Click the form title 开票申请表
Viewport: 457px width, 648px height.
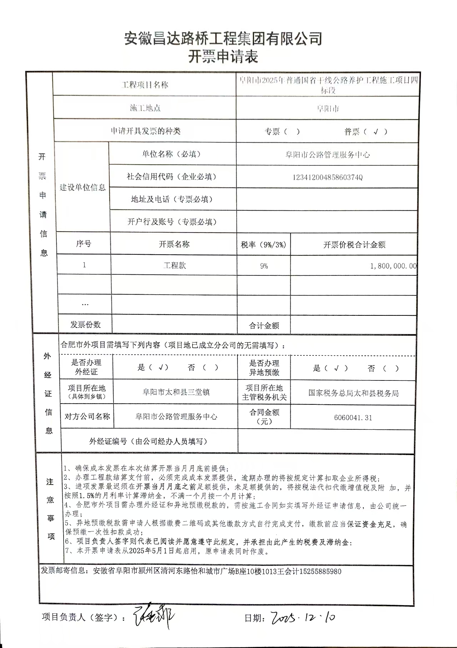[x=223, y=56]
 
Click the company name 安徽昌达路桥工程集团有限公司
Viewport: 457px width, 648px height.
[x=223, y=38]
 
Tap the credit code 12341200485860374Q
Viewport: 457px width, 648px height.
[x=327, y=177]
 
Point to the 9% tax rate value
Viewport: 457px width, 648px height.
[x=264, y=266]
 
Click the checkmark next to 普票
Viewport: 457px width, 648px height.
[x=375, y=131]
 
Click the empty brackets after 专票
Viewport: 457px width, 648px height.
[x=292, y=131]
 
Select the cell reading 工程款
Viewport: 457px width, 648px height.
[x=174, y=265]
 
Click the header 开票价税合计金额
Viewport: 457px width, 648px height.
[x=354, y=245]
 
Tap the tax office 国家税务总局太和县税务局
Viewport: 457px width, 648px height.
[x=353, y=393]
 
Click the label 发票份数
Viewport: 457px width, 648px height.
[x=85, y=325]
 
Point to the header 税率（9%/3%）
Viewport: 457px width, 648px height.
[x=263, y=245]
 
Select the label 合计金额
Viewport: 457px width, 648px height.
[x=264, y=325]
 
